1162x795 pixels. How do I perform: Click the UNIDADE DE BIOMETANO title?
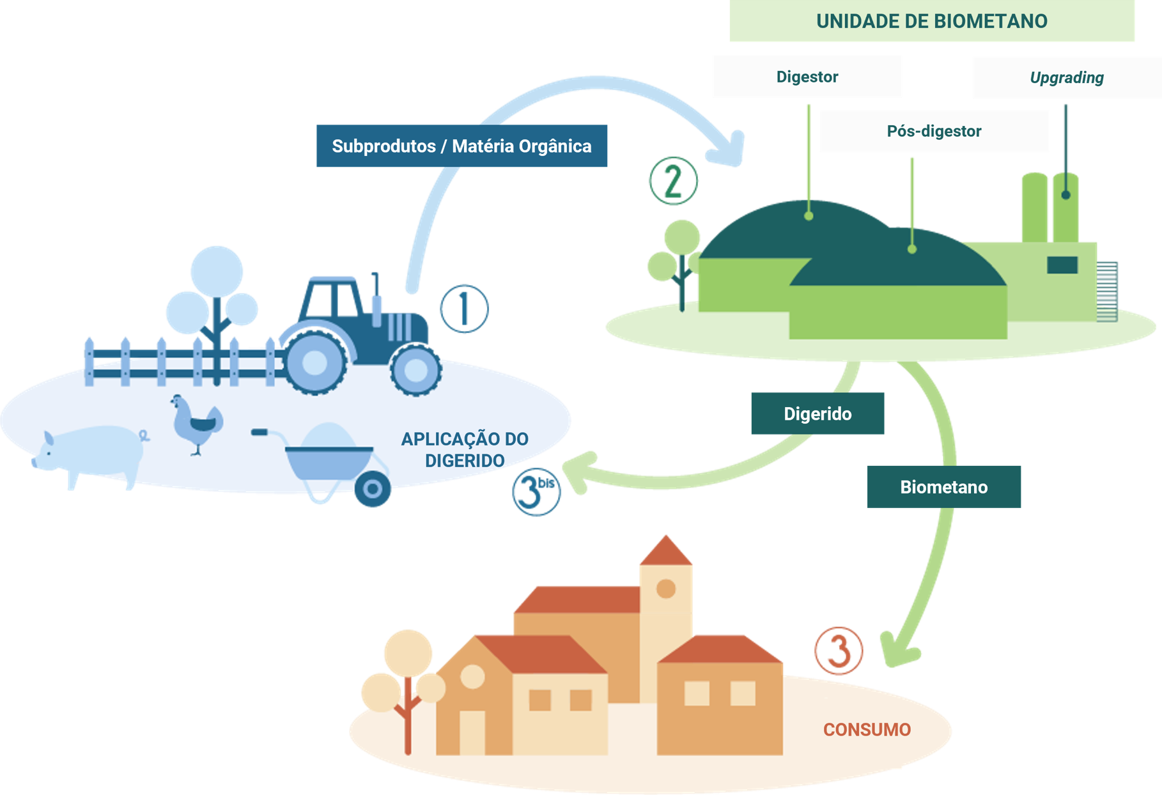931,21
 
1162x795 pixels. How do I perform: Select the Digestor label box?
807,77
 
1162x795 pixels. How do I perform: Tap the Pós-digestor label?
933,131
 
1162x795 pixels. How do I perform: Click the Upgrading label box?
1066,77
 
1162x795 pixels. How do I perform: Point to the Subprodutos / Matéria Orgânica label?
461,146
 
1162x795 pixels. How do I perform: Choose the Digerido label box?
817,413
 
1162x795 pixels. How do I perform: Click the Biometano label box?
943,487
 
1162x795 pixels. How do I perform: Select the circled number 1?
464,308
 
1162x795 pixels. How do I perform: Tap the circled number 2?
673,181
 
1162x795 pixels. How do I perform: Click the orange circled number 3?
838,651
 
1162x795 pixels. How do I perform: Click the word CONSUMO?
867,729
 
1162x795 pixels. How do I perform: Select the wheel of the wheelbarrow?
373,490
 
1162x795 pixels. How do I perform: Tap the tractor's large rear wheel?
314,362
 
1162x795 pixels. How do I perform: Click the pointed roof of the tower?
666,552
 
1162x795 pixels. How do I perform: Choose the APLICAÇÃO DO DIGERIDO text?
465,449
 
